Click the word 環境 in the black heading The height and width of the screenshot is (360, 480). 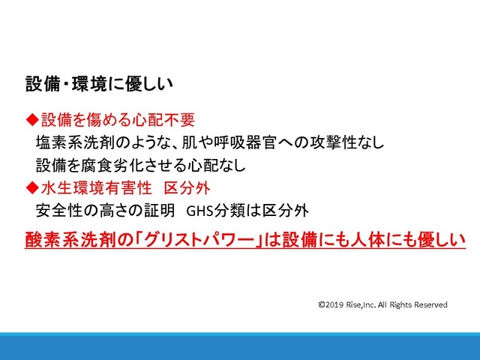click(x=90, y=84)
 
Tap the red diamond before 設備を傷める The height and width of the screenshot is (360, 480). click(x=32, y=119)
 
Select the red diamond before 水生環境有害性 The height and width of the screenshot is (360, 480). click(x=32, y=187)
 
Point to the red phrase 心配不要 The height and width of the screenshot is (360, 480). click(x=164, y=119)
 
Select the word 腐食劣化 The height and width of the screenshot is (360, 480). click(x=112, y=165)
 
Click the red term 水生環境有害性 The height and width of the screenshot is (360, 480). click(x=97, y=187)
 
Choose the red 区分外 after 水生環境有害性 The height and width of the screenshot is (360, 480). click(x=187, y=187)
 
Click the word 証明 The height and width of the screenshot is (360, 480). click(x=160, y=211)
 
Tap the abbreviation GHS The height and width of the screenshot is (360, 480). click(x=199, y=211)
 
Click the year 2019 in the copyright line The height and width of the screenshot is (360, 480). click(x=334, y=304)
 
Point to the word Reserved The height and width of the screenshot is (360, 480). click(x=431, y=304)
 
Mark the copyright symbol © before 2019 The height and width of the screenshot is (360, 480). click(x=322, y=304)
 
